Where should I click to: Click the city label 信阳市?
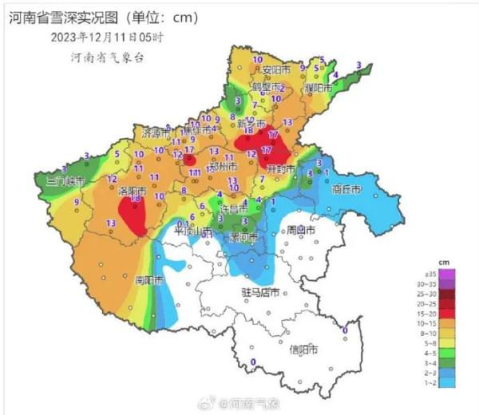coord(303,350)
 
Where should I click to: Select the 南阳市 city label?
coord(149,280)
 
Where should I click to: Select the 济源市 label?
coord(156,132)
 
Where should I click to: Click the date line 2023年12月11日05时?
coord(107,37)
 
